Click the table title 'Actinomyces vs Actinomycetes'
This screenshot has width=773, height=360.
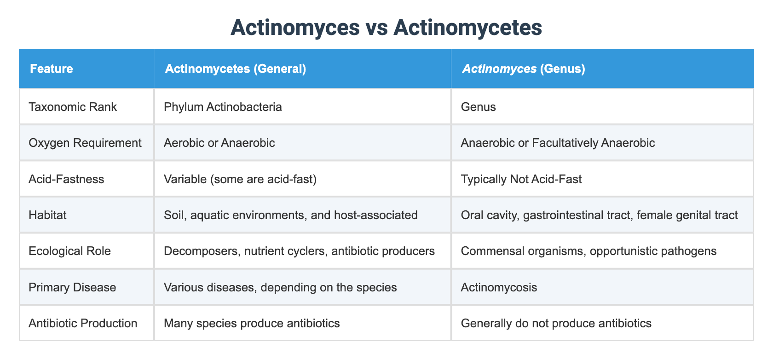point(386,28)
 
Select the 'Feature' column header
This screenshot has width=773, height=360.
point(52,69)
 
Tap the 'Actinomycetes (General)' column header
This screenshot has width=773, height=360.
point(235,69)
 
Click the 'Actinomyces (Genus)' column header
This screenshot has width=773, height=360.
point(524,69)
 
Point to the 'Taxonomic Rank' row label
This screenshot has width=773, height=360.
point(73,107)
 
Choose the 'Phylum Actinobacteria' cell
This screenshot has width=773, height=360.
point(223,107)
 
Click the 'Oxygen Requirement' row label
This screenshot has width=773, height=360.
point(85,143)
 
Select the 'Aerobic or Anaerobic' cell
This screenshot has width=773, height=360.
point(219,143)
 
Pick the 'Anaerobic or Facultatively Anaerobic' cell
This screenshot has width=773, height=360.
point(558,143)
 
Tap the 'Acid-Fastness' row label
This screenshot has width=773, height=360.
point(66,179)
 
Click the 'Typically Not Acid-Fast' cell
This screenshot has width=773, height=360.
point(521,179)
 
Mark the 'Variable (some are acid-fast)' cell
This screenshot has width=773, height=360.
point(240,179)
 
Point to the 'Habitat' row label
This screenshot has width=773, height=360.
point(47,215)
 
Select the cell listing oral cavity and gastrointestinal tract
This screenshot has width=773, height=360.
point(599,215)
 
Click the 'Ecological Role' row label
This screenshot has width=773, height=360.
point(69,251)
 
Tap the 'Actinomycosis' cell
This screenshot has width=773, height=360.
point(499,287)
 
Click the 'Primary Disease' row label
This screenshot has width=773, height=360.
point(72,287)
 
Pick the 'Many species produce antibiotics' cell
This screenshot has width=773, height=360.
point(252,323)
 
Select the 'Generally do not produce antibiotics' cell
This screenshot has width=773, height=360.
point(556,323)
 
